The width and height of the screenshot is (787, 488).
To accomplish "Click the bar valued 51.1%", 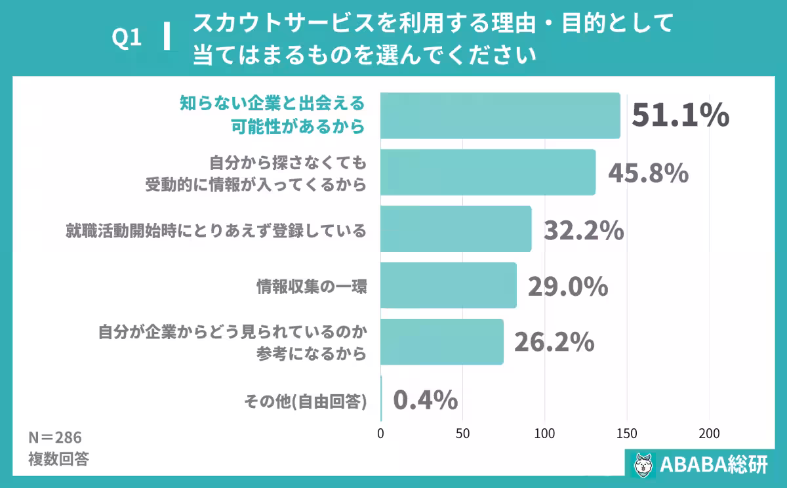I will point(500,115).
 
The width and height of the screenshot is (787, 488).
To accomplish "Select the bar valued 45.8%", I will point(488,173).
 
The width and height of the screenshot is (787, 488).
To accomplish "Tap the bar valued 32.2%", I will point(456,229).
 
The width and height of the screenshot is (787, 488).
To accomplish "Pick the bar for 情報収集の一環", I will point(449,285).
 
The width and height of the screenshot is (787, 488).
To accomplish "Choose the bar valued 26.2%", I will point(442,342).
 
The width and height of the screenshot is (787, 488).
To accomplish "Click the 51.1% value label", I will point(680,115).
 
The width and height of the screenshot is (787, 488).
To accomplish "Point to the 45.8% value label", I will point(648,173).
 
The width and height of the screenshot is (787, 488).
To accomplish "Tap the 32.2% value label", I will point(584,230).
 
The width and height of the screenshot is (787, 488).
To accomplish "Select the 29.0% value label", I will point(568,287).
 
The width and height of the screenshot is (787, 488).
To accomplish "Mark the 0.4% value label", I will point(425,399).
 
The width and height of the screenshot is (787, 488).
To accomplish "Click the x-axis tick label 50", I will point(463,434).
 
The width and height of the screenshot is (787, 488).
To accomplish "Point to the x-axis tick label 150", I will point(626,434).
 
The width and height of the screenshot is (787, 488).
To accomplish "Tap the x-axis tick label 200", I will point(708,434).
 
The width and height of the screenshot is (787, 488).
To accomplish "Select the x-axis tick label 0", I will point(381,434).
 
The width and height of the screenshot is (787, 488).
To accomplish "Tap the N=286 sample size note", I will point(54,437).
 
